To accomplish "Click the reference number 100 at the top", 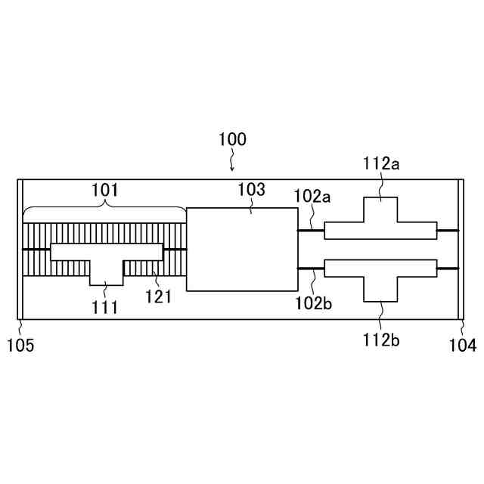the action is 232,140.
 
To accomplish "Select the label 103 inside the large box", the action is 251,191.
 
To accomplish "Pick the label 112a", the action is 380,163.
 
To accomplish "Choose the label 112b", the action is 380,339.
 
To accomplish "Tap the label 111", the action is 105,307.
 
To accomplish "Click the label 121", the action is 159,296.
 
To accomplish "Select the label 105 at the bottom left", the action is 20,346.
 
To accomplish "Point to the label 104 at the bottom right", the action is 463,346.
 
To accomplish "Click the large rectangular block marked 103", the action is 242,250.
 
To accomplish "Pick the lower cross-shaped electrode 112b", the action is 380,276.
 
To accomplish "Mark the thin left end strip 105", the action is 20,250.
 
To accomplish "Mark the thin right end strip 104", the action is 461,250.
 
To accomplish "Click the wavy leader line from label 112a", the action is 382,184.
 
